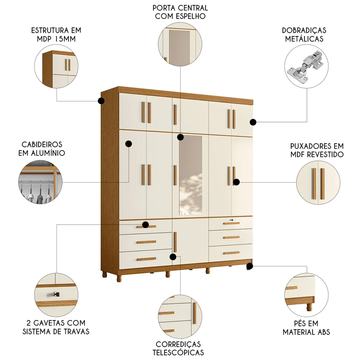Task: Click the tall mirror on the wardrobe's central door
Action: click(190, 173)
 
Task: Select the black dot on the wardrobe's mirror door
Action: click(180, 137)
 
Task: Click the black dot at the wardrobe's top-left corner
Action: click(102, 101)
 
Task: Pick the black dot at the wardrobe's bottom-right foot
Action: click(249, 266)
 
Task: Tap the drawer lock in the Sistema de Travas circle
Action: click(55, 294)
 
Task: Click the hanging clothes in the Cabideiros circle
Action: click(36, 191)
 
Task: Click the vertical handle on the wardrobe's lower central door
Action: click(175, 242)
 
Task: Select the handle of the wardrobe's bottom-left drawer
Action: click(146, 259)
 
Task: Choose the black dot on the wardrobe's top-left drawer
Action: click(145, 225)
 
